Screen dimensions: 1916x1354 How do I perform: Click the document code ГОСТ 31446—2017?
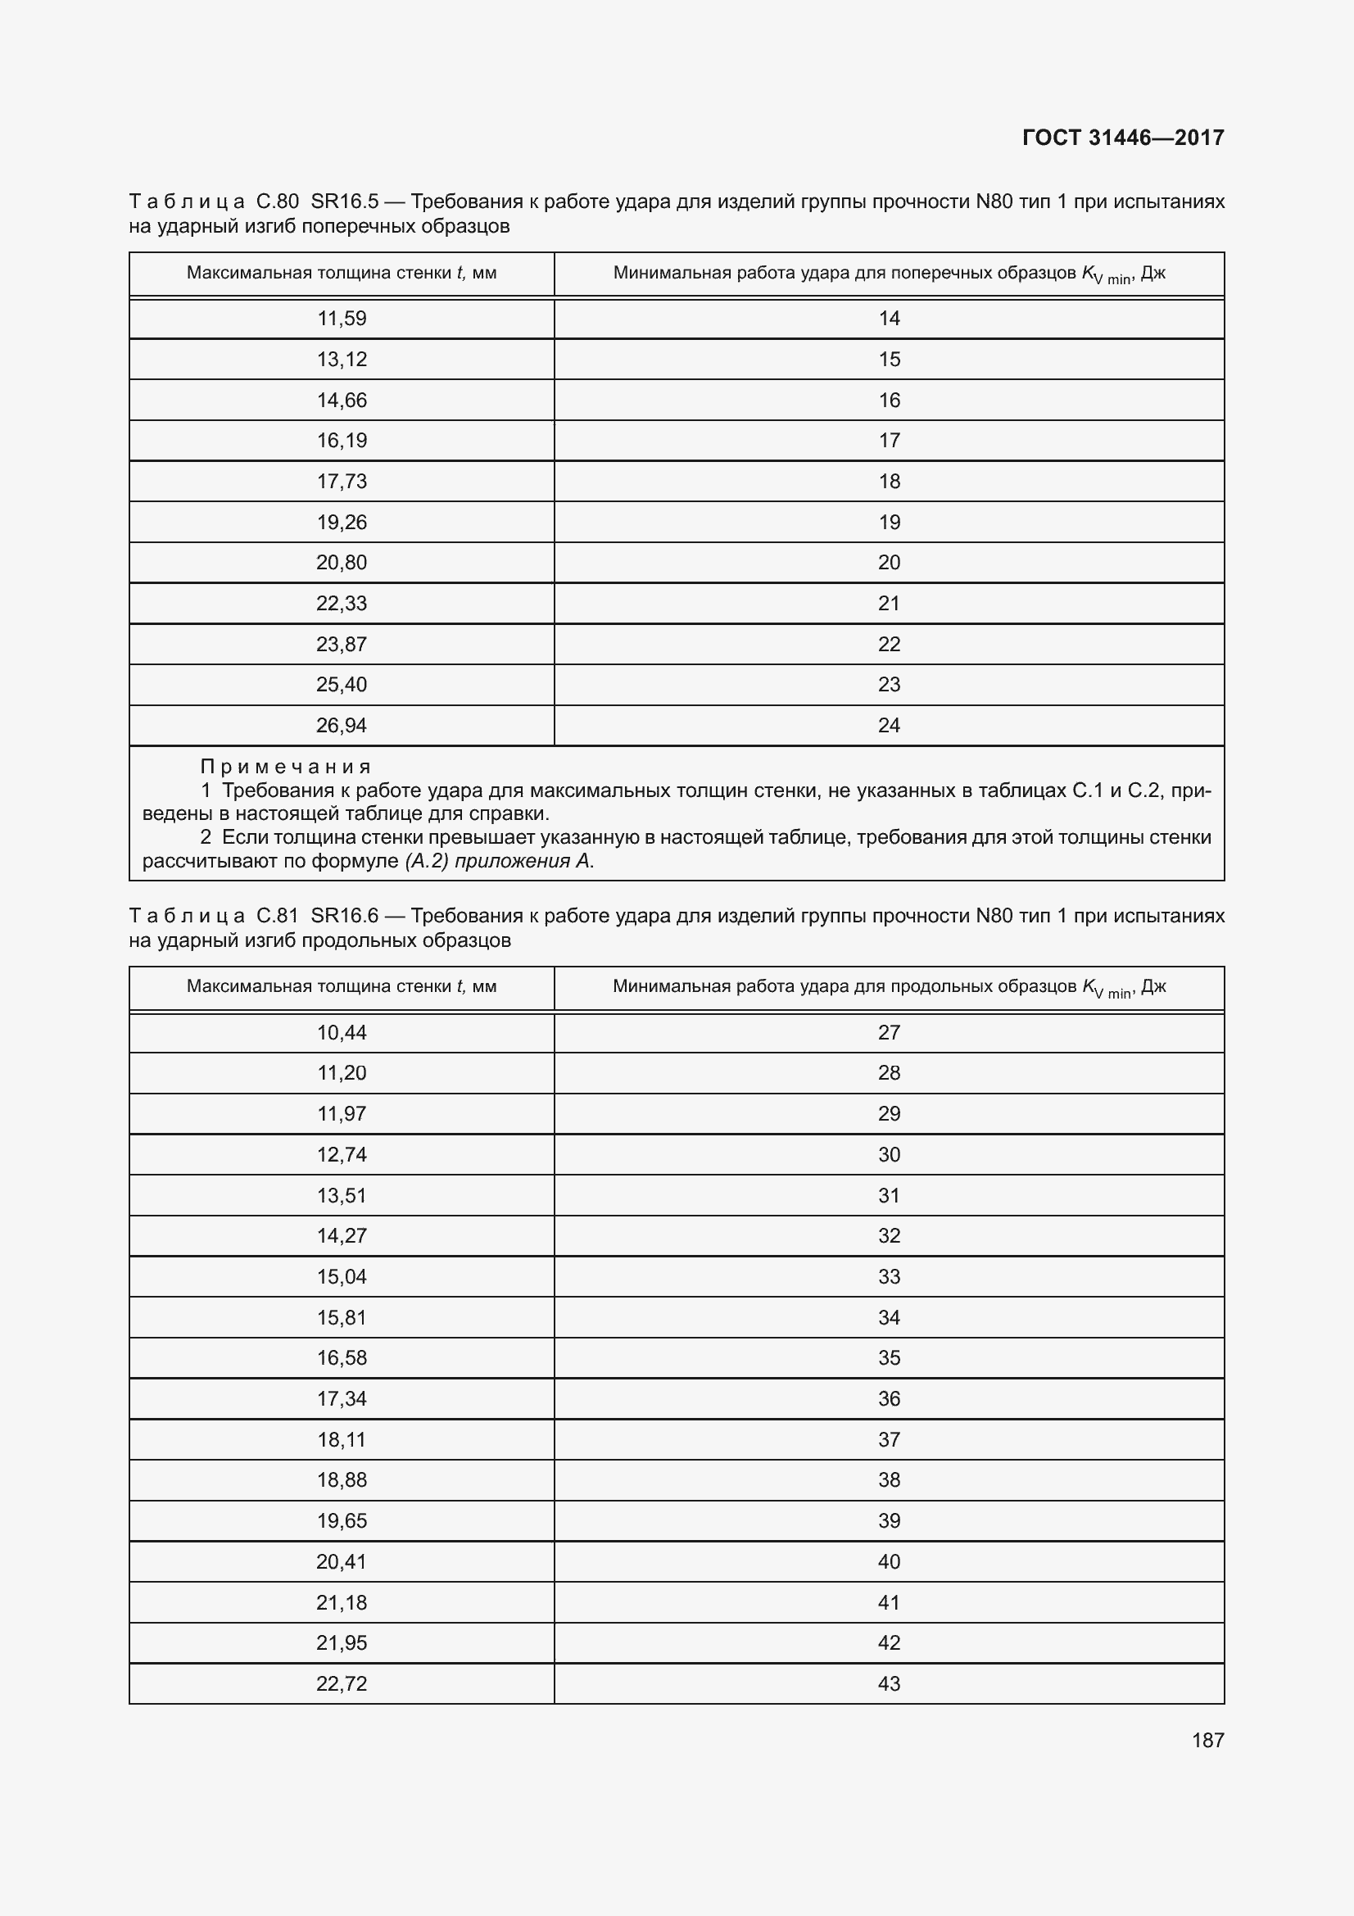1122,138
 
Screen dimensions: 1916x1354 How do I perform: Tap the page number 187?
1207,1740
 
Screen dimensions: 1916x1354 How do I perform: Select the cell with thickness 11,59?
342,319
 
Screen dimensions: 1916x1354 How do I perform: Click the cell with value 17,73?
342,482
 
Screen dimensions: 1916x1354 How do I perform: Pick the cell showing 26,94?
342,725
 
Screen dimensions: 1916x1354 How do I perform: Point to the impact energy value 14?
889,319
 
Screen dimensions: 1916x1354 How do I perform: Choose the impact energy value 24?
889,725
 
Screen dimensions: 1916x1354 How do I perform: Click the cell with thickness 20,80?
342,563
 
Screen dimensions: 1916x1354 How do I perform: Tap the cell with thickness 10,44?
342,1032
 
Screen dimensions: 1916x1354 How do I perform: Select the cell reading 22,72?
342,1683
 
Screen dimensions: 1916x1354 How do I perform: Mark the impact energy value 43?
889,1683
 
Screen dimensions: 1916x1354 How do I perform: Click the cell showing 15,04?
342,1277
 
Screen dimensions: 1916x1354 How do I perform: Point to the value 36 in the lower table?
889,1398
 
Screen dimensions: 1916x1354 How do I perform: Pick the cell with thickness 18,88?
342,1479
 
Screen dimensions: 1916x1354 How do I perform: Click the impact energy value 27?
889,1032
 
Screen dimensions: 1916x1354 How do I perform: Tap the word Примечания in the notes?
285,766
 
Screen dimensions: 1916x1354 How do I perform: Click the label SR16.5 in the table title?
345,202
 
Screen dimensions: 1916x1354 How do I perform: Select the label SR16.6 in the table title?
345,916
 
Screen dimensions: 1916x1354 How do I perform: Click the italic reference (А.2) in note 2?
427,861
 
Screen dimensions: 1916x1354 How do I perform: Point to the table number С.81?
277,916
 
